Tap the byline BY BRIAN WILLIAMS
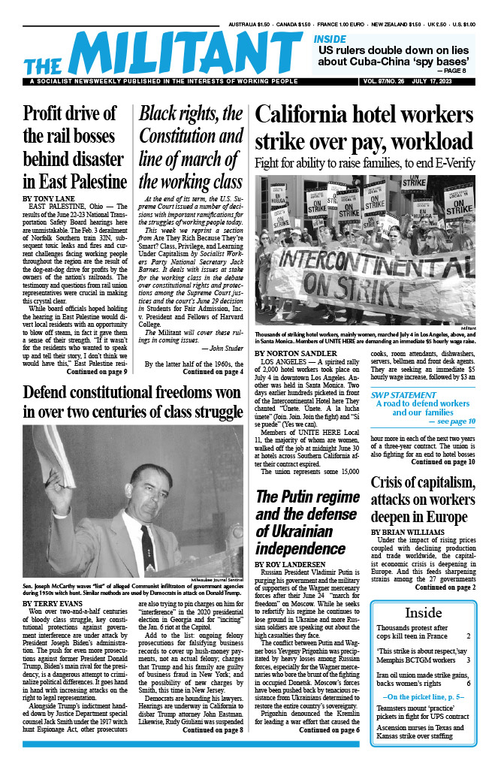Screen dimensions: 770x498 click(410, 531)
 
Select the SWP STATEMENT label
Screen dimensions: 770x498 click(411, 394)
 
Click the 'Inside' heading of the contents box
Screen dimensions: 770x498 click(423, 612)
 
